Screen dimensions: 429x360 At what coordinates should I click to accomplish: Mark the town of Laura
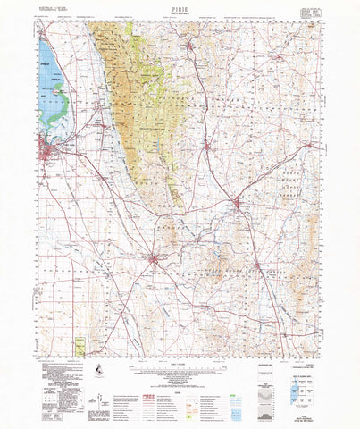pyautogui.click(x=207, y=147)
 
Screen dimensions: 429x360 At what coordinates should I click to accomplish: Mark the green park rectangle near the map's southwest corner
pyautogui.click(x=80, y=344)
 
